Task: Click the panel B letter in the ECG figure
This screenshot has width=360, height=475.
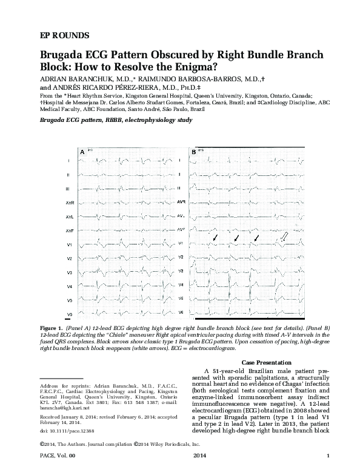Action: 193,150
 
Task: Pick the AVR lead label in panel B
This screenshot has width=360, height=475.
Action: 180,200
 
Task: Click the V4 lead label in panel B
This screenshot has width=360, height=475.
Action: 180,286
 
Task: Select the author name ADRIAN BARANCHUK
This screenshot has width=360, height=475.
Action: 68,79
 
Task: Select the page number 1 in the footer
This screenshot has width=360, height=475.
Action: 327,471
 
